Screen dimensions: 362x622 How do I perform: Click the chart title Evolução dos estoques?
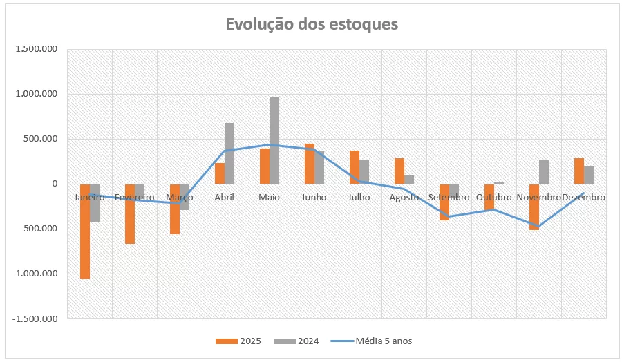click(312, 24)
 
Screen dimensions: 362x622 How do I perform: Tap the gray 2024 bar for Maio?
click(274, 141)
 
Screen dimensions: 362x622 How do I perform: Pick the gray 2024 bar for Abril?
click(229, 153)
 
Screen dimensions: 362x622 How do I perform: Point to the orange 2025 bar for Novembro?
click(534, 207)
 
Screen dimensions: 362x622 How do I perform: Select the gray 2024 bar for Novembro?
click(544, 172)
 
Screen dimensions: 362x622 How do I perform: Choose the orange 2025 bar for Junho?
click(310, 164)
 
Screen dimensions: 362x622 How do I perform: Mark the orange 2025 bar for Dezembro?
click(579, 171)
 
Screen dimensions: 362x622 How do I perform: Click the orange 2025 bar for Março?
click(175, 209)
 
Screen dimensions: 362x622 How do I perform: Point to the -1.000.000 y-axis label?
click(32, 274)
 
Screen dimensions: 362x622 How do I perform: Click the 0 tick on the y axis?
click(53, 184)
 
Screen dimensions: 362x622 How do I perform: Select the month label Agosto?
click(404, 198)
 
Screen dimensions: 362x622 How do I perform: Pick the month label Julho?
click(359, 198)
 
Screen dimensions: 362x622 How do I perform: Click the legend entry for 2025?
click(239, 341)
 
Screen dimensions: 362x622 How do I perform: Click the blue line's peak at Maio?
click(270, 145)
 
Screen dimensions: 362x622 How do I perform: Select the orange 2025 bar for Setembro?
click(444, 202)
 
